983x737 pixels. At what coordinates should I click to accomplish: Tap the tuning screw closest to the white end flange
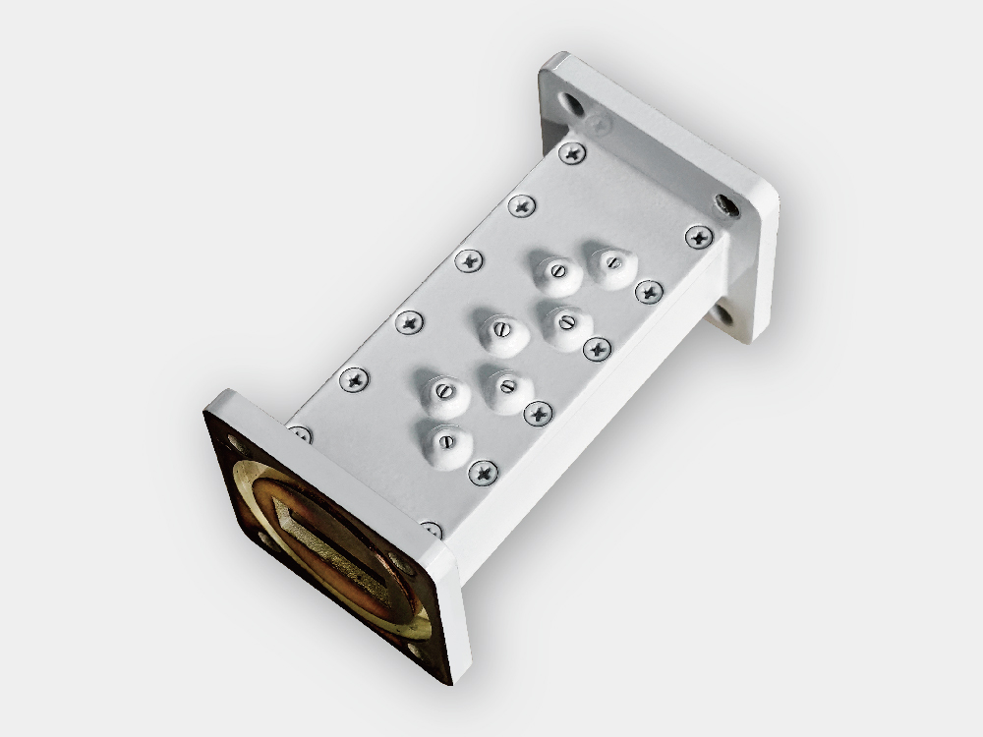point(611,262)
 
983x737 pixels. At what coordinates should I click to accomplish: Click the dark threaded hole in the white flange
point(726,205)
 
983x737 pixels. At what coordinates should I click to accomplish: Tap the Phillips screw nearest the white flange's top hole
point(572,152)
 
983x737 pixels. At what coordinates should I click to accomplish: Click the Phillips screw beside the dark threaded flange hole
point(699,237)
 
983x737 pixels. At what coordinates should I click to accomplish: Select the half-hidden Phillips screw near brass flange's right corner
point(431,531)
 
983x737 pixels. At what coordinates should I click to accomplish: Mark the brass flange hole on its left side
point(263,537)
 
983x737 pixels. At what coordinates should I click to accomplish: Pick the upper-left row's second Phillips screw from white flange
point(522,205)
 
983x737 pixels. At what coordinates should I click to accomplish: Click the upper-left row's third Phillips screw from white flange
point(469,260)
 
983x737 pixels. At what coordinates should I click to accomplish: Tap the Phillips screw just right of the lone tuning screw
point(484,473)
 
